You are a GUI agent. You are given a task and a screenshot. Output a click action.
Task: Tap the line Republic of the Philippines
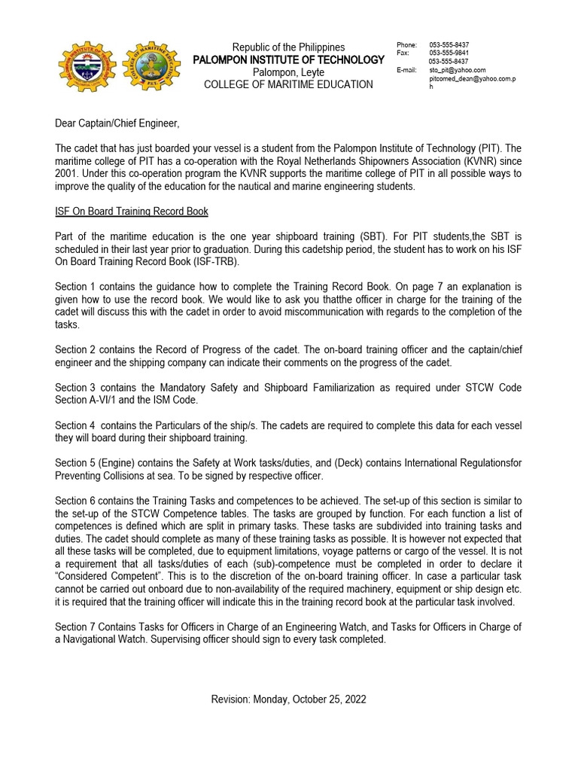288,47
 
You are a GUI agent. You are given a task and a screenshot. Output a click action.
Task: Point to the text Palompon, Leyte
288,72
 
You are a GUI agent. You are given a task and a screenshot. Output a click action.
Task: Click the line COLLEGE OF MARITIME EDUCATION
288,84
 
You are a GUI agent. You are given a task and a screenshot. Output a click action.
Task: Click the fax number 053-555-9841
449,53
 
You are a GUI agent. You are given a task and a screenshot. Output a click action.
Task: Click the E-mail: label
406,70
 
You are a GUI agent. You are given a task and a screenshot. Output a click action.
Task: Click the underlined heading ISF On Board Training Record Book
132,211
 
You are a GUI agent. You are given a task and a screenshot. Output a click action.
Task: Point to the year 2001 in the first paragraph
67,174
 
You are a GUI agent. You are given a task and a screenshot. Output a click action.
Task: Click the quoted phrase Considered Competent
96,577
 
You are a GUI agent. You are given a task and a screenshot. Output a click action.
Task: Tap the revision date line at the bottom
288,699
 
